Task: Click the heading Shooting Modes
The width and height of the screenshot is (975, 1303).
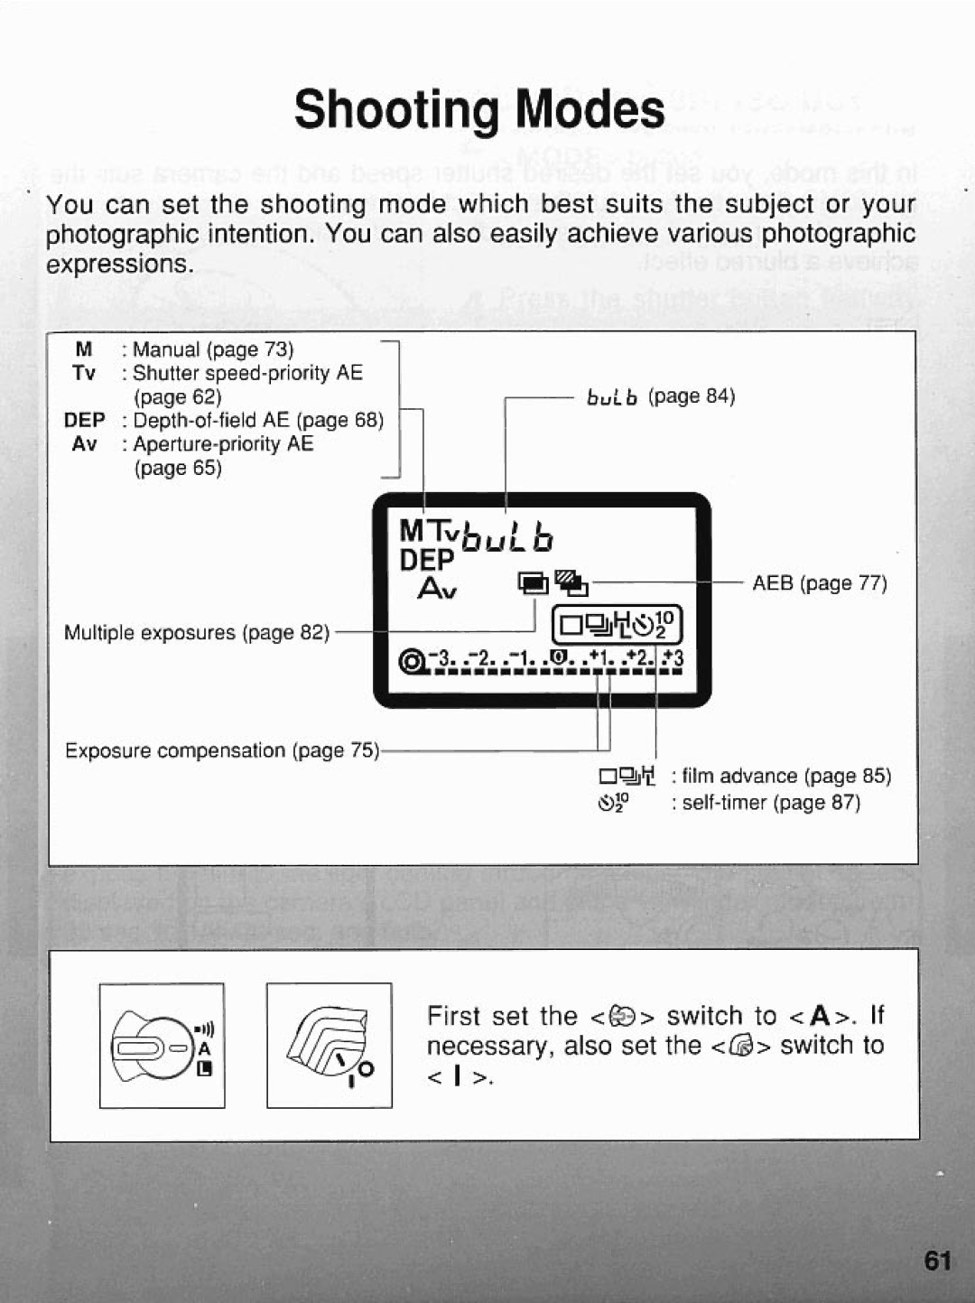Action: pyautogui.click(x=479, y=110)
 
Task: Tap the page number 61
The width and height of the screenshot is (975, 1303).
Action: pyautogui.click(x=938, y=1261)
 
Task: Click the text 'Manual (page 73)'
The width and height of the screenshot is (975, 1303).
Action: pyautogui.click(x=213, y=349)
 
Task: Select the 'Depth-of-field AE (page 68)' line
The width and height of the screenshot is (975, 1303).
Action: pyautogui.click(x=258, y=420)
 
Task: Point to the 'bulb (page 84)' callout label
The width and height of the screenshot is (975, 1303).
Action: pyautogui.click(x=661, y=396)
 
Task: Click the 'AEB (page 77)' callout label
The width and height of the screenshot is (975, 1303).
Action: pyautogui.click(x=820, y=583)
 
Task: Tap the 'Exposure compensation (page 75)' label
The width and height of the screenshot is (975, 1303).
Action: pyautogui.click(x=222, y=750)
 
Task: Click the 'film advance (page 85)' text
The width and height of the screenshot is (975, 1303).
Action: pyautogui.click(x=786, y=776)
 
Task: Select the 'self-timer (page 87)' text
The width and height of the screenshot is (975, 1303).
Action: pyautogui.click(x=771, y=802)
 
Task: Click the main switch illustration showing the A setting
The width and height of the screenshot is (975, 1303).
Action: pyautogui.click(x=162, y=1046)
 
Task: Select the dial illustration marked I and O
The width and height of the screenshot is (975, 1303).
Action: pyautogui.click(x=330, y=1046)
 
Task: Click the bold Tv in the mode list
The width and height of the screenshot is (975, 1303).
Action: pyautogui.click(x=84, y=373)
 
